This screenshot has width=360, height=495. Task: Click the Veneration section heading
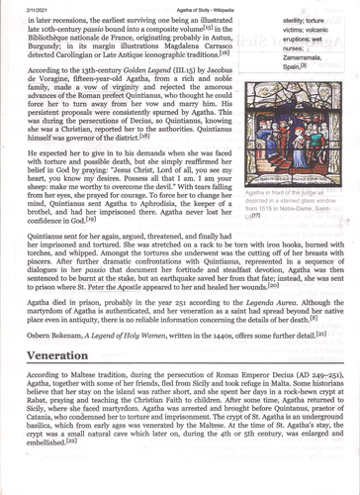pyautogui.click(x=48, y=354)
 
